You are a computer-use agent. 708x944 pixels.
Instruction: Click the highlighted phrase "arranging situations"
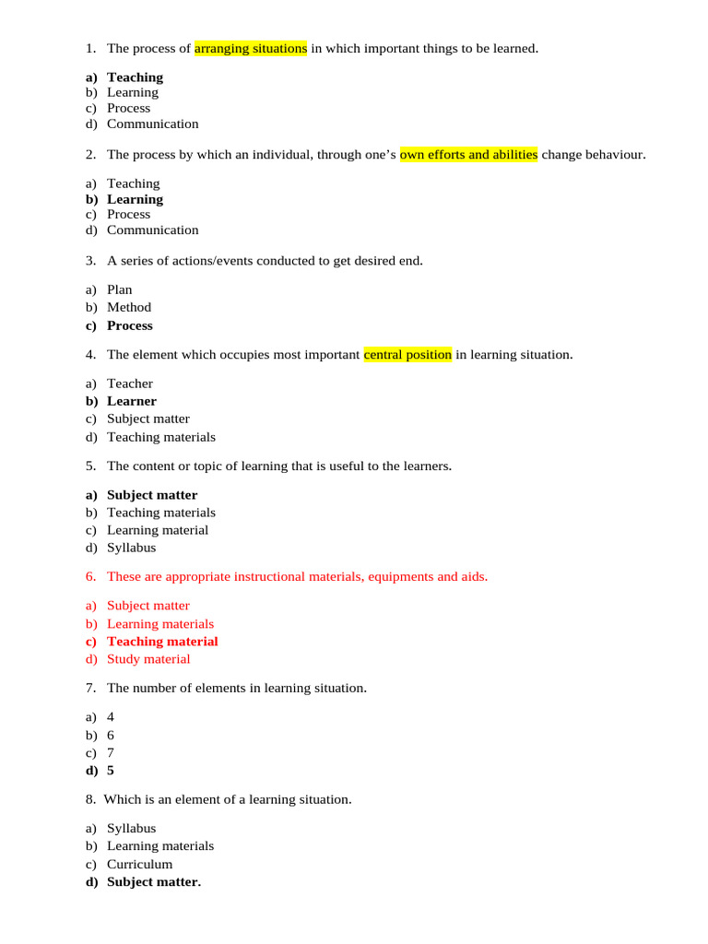point(251,48)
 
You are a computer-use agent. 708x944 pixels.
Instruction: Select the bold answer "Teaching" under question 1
point(135,77)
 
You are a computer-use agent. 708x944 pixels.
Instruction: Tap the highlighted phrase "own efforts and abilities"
point(468,154)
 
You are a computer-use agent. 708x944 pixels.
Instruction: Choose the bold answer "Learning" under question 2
point(135,199)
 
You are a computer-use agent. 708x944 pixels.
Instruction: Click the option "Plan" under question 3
point(119,289)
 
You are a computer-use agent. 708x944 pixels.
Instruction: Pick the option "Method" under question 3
point(129,307)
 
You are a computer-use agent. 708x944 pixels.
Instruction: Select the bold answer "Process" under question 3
point(130,325)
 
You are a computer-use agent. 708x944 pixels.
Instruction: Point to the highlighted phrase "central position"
point(407,354)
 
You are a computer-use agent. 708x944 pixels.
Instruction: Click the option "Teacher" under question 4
point(130,383)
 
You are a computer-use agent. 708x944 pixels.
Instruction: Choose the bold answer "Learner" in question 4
point(132,401)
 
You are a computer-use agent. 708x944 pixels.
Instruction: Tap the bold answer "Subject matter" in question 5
point(152,495)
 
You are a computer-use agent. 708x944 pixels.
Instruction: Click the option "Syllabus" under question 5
point(132,548)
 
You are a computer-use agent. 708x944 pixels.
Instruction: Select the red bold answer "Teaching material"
point(162,642)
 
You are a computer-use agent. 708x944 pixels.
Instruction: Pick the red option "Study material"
point(148,659)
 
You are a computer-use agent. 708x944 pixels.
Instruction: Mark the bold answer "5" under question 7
point(111,771)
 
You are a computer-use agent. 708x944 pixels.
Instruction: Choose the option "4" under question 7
point(111,716)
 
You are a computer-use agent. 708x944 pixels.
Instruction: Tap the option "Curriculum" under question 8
point(139,865)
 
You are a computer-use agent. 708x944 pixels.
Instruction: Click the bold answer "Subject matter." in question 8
point(154,882)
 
